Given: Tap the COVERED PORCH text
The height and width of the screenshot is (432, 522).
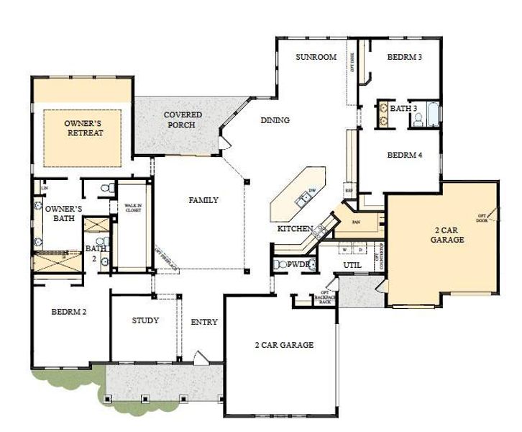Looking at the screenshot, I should click(183, 120).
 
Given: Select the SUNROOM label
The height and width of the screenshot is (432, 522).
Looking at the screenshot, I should click(316, 58).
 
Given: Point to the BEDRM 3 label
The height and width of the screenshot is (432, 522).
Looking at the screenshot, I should click(405, 58).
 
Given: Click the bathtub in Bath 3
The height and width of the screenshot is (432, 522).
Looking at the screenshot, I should click(431, 114).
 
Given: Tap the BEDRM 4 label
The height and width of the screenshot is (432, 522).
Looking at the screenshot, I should click(405, 155).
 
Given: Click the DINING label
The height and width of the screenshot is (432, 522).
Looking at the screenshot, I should click(275, 120).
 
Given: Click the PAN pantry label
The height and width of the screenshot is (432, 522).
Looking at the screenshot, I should click(355, 223).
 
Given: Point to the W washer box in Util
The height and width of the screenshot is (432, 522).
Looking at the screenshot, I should click(344, 250).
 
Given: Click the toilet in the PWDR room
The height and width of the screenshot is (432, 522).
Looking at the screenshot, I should click(279, 265).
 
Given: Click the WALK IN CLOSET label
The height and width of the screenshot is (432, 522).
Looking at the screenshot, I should click(132, 209).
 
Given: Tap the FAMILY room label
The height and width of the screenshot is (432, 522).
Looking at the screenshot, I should click(203, 200).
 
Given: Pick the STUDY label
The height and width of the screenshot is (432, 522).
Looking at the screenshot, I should click(146, 320).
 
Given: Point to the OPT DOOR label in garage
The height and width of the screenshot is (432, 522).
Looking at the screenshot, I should click(482, 217).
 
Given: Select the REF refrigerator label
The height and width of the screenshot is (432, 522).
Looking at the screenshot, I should click(349, 191).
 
